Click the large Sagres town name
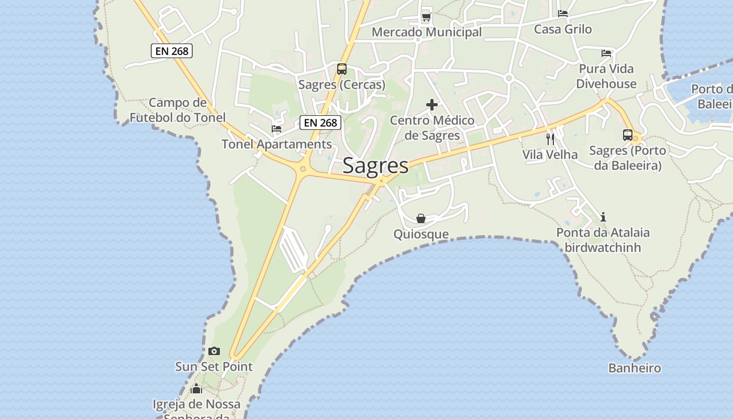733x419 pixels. tap(375, 166)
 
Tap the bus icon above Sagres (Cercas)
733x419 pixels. tap(342, 69)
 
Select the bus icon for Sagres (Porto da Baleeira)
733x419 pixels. tap(628, 135)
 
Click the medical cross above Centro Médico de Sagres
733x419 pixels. tap(432, 105)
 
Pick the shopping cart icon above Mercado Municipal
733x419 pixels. tap(426, 17)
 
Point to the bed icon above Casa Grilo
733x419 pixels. tap(563, 14)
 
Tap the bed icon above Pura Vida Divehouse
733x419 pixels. tap(606, 53)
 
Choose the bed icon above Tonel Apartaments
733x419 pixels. tap(276, 129)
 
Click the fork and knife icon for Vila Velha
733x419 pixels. tap(550, 139)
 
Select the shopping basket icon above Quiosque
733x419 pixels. tap(421, 218)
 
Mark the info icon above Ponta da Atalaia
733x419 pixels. tap(603, 217)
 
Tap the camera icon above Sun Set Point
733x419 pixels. tap(214, 351)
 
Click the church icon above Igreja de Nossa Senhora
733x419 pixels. tap(196, 389)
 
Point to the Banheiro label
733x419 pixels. tap(635, 368)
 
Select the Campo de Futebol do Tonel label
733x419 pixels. tap(177, 110)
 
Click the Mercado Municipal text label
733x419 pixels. tap(427, 32)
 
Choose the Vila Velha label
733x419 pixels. tap(550, 155)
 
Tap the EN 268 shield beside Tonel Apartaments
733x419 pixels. tap(320, 123)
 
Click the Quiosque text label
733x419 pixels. tap(421, 234)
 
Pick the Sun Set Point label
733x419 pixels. tap(214, 367)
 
